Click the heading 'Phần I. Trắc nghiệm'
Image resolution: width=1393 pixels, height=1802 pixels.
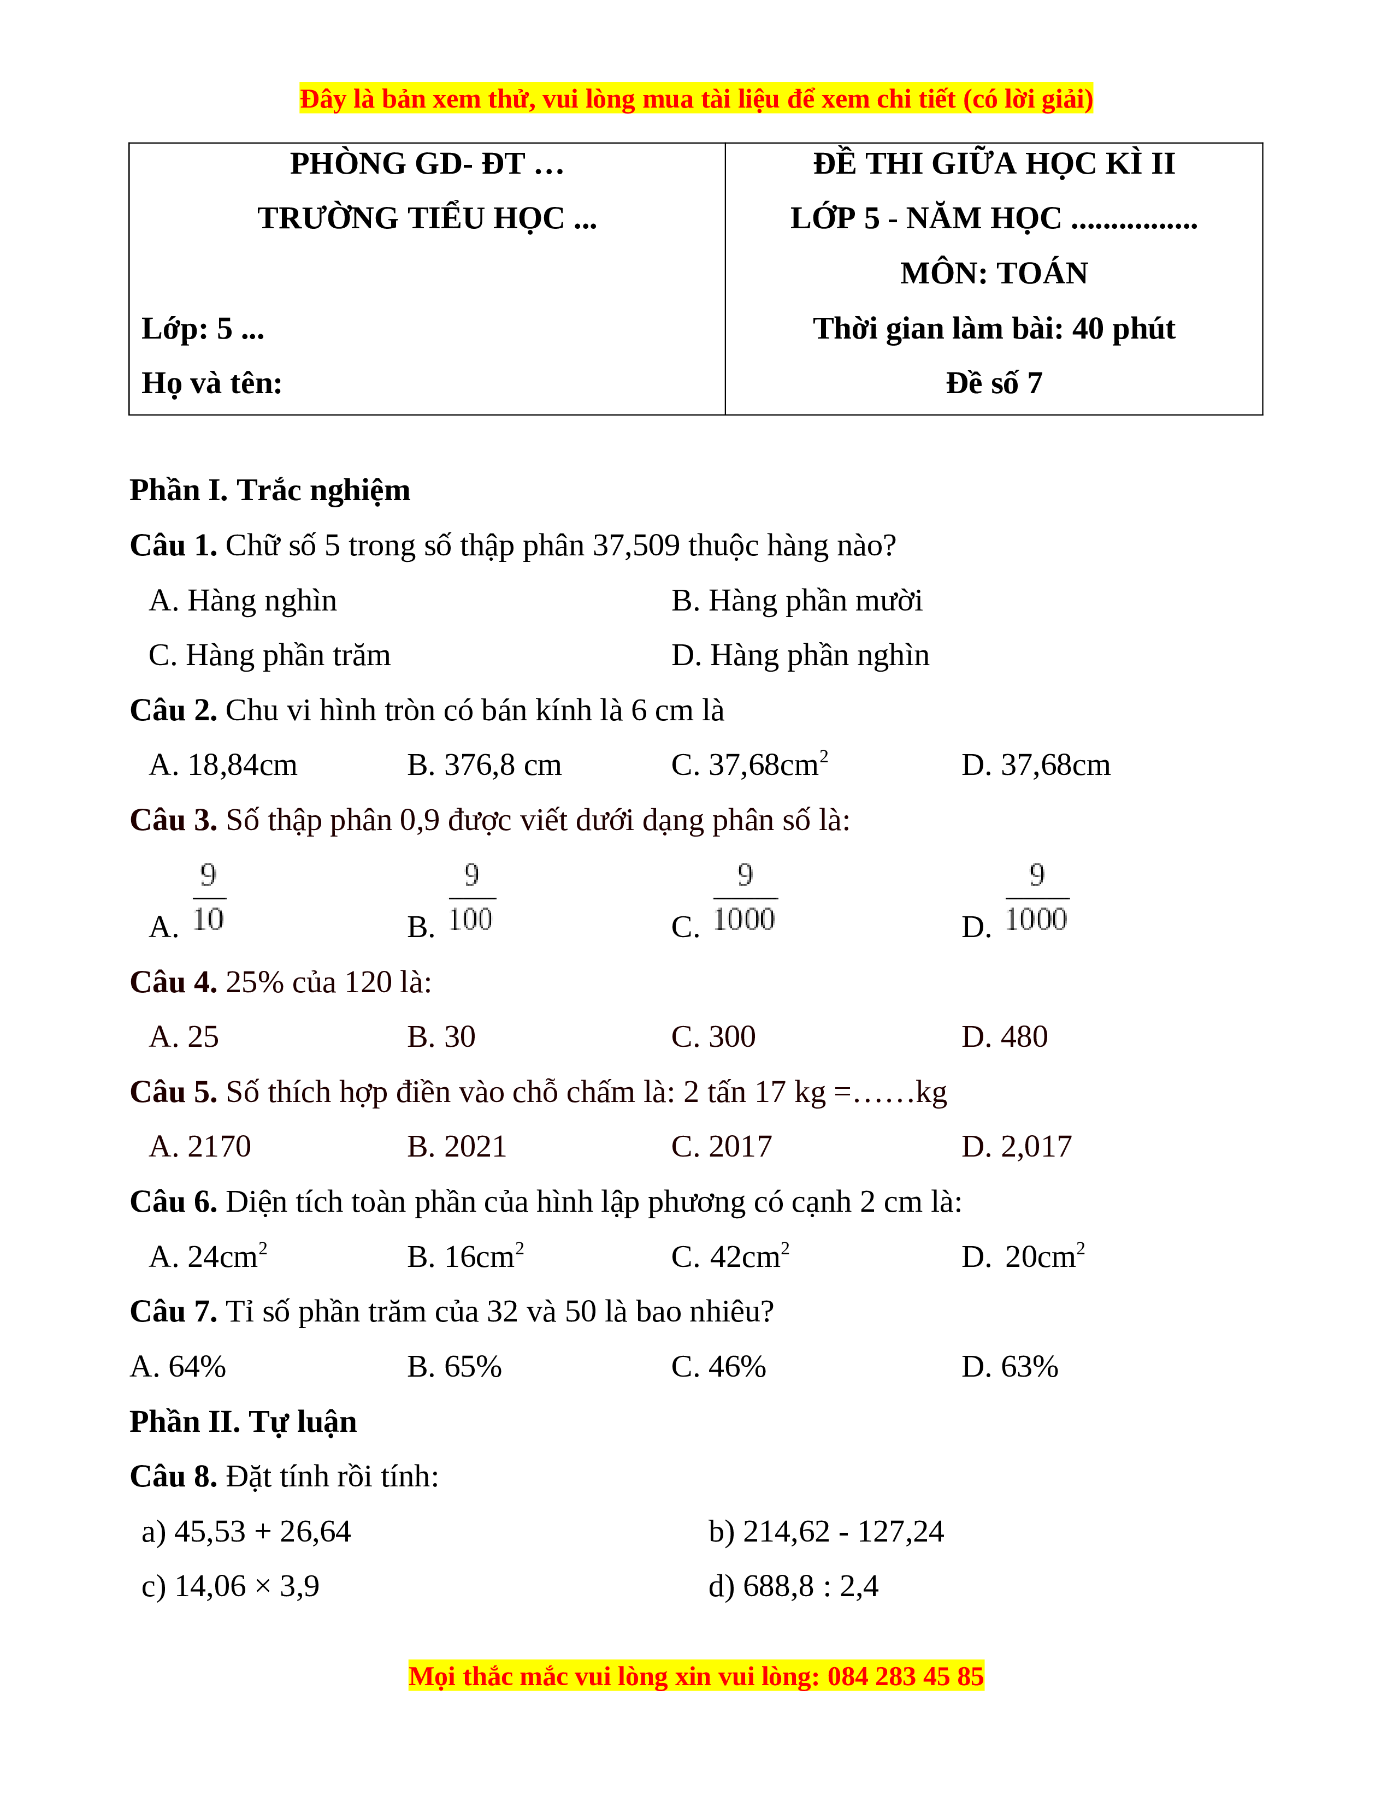pyautogui.click(x=270, y=490)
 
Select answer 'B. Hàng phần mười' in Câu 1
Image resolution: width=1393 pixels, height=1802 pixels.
pyautogui.click(x=796, y=601)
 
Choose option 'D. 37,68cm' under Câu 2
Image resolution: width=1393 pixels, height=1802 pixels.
pyautogui.click(x=1036, y=765)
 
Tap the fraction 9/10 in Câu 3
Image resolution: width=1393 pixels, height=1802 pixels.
pyautogui.click(x=209, y=898)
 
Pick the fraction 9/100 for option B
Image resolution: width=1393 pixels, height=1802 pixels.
pyautogui.click(x=471, y=898)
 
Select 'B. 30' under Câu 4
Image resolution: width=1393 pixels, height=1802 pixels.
pyautogui.click(x=441, y=1036)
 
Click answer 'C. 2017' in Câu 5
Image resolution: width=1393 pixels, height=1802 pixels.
pyautogui.click(x=721, y=1146)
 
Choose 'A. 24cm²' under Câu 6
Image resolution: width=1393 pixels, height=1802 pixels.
pyautogui.click(x=208, y=1256)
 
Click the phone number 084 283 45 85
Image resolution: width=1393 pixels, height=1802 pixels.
pyautogui.click(x=905, y=1676)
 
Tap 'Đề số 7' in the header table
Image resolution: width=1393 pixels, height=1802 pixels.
pyautogui.click(x=994, y=384)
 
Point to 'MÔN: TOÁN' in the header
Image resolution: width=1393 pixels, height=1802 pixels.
pyautogui.click(x=994, y=273)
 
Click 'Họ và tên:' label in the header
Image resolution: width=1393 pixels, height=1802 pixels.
pyautogui.click(x=212, y=384)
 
